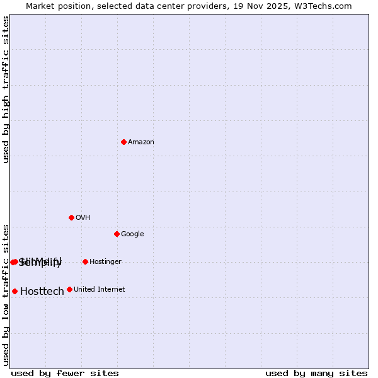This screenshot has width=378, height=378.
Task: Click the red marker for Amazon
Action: click(123, 142)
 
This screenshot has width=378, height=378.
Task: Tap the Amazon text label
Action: click(141, 142)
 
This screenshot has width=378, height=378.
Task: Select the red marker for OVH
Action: click(71, 217)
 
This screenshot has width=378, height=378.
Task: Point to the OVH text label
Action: click(83, 218)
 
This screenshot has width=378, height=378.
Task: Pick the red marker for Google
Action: click(117, 234)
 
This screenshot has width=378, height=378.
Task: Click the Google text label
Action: click(132, 234)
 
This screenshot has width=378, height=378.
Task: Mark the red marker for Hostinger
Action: click(85, 261)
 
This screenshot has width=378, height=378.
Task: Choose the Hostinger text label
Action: click(105, 262)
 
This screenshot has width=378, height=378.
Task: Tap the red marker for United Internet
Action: click(69, 289)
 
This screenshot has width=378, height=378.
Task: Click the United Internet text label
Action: click(99, 290)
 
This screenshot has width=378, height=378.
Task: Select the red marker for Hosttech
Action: click(14, 291)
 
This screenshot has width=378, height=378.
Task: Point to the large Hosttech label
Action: click(42, 292)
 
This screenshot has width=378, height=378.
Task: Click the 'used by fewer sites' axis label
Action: click(65, 373)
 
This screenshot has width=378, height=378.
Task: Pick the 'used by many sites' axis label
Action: click(316, 373)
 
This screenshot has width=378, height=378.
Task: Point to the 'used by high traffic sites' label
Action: click(6, 89)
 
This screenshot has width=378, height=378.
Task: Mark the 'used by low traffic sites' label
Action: click(6, 294)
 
